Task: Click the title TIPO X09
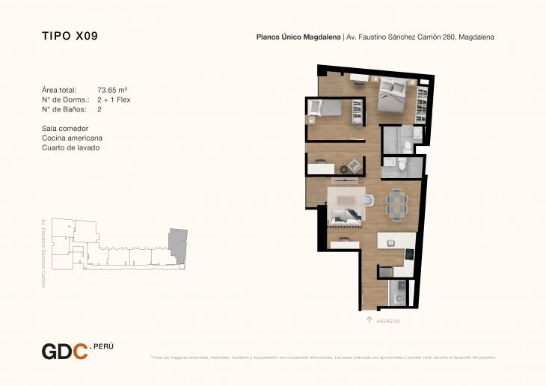(x=70, y=36)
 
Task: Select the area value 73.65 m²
(x=112, y=90)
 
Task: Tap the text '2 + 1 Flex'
(x=114, y=99)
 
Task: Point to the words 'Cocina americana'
(x=73, y=138)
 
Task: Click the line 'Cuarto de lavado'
(x=71, y=148)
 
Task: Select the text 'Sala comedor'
(x=66, y=129)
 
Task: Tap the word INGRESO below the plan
(x=388, y=321)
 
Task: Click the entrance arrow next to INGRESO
(x=369, y=320)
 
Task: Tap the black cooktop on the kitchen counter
(x=409, y=255)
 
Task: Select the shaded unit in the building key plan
(x=178, y=244)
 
